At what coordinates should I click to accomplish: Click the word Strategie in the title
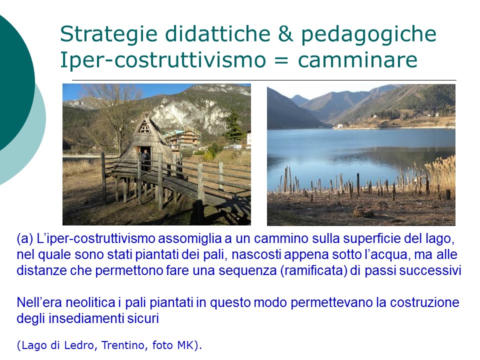[108, 34]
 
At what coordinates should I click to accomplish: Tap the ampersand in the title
[285, 33]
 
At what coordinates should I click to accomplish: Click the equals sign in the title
[281, 59]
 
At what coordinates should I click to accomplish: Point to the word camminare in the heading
[357, 59]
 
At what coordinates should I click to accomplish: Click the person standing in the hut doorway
[146, 159]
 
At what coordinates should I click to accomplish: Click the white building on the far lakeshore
[338, 126]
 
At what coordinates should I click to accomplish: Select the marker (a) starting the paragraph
[25, 239]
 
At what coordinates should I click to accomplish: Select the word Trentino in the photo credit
[122, 345]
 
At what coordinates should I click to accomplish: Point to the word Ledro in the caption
[78, 345]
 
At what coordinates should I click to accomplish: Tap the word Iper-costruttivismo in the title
[163, 59]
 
